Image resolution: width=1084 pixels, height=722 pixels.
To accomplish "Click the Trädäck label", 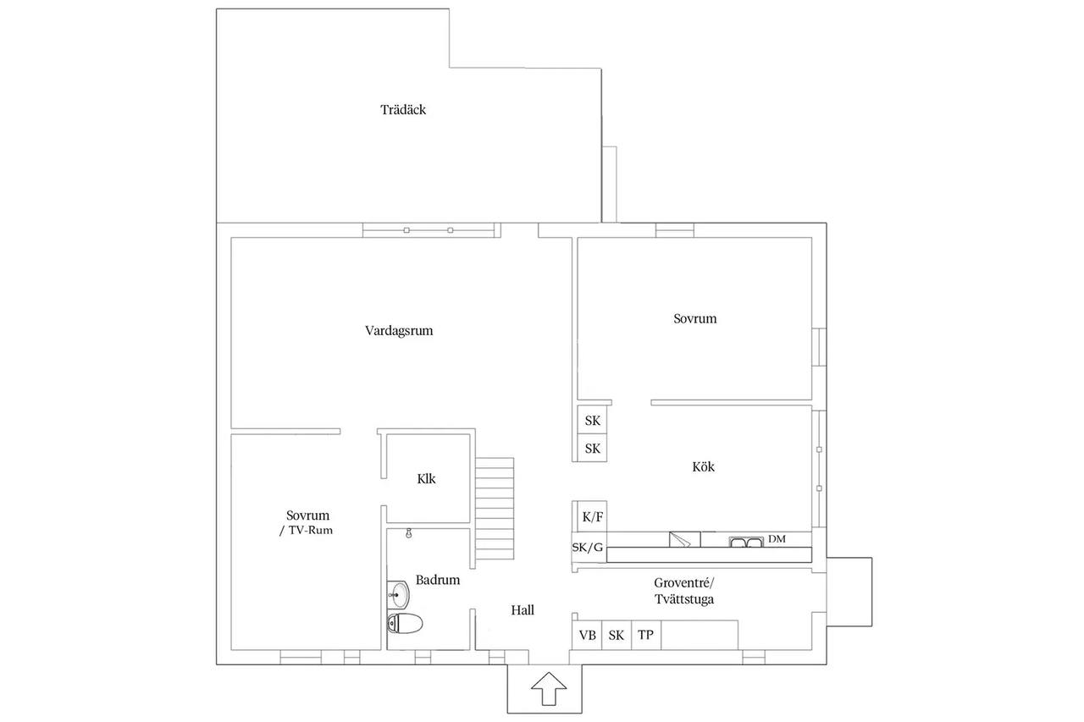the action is point(403,110).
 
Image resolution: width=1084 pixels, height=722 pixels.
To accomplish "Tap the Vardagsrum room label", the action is point(399,331).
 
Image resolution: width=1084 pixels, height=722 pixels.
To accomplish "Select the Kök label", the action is point(703,466).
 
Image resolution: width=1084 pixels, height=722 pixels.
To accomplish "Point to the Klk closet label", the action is point(426,479).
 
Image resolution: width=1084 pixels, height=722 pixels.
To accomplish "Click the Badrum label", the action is point(438,580).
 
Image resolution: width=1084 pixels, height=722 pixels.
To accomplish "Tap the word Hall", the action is point(523,610).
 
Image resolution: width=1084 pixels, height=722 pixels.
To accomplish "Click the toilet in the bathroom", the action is point(405,623).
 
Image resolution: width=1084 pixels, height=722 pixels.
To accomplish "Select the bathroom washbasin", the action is point(399,594).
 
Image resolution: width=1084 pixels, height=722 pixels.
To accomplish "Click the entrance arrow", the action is point(549,688).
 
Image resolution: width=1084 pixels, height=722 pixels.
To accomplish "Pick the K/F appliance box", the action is point(592,517).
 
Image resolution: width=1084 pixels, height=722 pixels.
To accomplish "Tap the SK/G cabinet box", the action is point(589,548).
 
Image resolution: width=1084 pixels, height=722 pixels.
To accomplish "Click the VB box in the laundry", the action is point(587,635).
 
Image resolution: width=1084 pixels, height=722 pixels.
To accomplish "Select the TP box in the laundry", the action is point(646,635).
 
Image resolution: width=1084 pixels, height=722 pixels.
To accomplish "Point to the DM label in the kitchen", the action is point(777,538).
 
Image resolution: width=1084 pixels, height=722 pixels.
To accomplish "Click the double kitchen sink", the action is point(746,542).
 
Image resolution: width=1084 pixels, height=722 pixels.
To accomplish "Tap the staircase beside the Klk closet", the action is point(494,509).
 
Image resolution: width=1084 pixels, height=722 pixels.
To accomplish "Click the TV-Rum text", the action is point(311,531).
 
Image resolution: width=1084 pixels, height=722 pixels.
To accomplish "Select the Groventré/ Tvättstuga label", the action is point(684,592).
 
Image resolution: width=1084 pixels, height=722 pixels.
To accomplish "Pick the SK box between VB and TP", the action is point(617,635).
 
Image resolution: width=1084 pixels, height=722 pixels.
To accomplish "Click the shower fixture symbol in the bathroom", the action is point(409,533).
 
